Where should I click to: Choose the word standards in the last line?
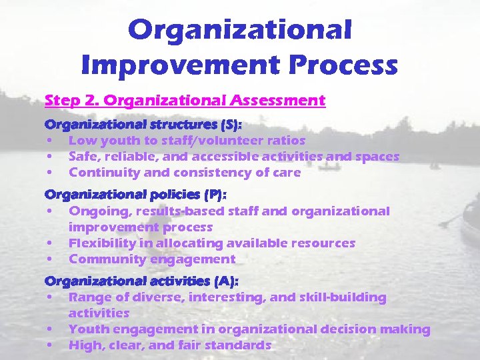[240, 345]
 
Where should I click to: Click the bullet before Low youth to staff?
[50, 141]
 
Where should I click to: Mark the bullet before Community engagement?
[50, 260]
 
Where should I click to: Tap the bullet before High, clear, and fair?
[50, 346]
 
